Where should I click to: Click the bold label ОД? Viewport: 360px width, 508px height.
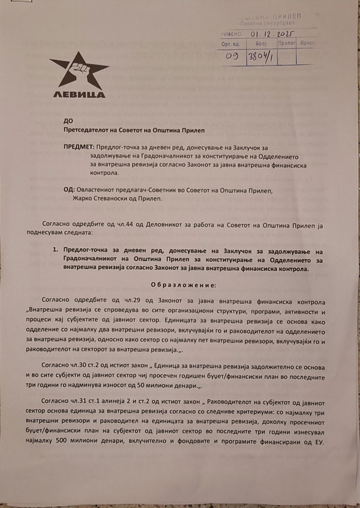pyautogui.click(x=68, y=190)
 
